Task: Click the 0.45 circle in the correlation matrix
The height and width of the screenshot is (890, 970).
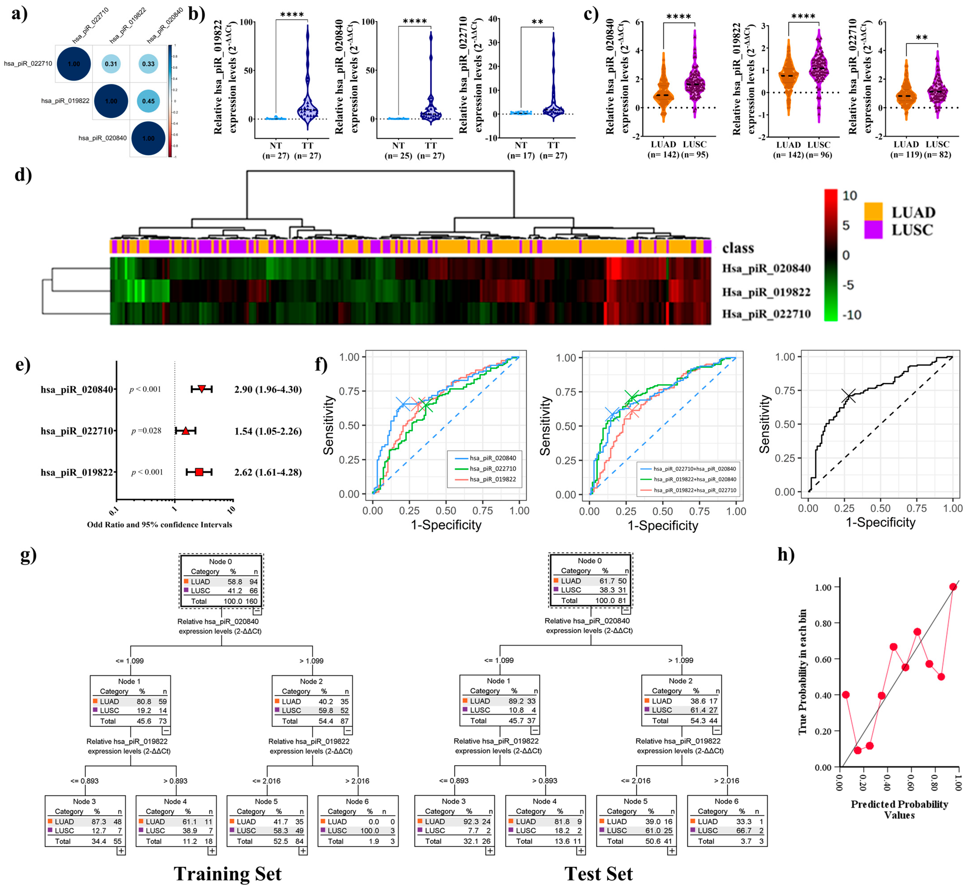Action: coord(148,101)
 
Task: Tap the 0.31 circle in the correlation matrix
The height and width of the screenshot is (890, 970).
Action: coord(111,64)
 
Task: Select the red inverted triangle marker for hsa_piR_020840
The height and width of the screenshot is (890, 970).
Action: coord(202,389)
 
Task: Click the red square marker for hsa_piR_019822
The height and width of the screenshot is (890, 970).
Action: coord(199,472)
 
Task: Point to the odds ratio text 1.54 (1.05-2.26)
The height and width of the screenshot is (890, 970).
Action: coord(268,431)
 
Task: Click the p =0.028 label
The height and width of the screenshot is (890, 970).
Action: coord(146,431)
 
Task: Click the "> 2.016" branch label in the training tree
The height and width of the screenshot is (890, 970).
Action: coord(357,781)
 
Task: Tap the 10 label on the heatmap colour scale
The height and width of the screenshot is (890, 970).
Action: coord(850,195)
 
